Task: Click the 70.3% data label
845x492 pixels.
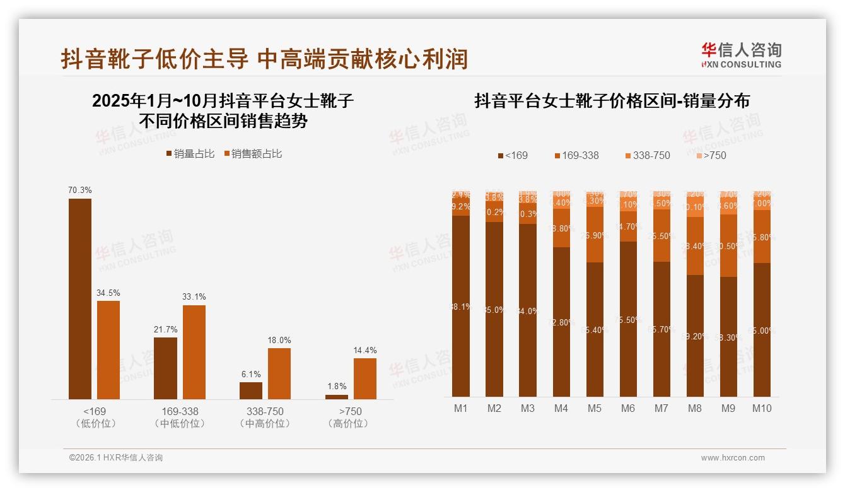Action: click(80, 190)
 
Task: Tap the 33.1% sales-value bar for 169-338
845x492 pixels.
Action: click(194, 352)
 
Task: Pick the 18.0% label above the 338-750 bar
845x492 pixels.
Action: click(279, 340)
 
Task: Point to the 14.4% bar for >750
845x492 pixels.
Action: click(364, 378)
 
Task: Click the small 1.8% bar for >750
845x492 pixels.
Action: click(337, 397)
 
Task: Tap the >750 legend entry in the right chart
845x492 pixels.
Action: click(709, 155)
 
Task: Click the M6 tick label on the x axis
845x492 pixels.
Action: click(627, 408)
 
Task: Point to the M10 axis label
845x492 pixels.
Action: click(762, 408)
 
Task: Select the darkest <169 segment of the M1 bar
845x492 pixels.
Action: click(461, 306)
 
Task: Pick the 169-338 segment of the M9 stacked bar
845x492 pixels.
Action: click(728, 245)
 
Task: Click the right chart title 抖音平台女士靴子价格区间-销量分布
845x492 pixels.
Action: click(612, 101)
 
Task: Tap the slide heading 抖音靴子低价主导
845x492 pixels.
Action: click(265, 59)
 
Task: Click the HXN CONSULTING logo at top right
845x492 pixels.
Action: click(741, 56)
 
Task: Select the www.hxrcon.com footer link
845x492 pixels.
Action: click(733, 458)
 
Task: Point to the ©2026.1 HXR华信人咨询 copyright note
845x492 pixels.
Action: click(115, 458)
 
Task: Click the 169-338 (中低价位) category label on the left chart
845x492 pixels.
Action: click(180, 417)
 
